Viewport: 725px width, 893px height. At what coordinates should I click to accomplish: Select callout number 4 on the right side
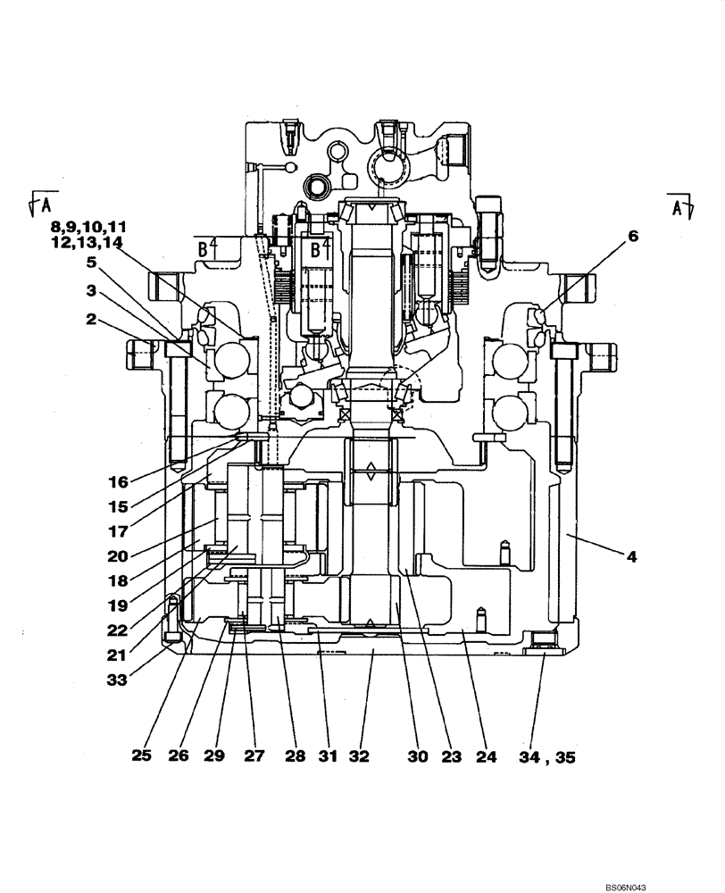630,556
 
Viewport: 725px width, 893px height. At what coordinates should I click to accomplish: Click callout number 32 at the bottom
358,757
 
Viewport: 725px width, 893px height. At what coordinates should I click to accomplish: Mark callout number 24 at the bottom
486,757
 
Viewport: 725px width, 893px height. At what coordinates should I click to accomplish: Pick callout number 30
418,757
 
